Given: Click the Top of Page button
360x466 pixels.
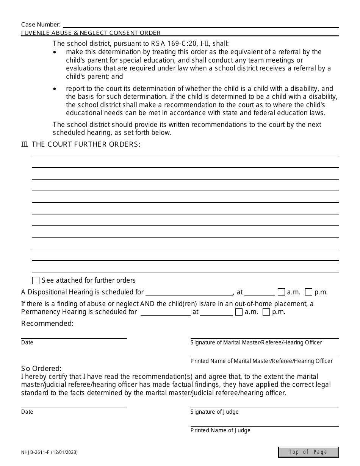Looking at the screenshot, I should click(x=308, y=452).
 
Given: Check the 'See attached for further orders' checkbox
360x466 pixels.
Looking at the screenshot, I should click(x=36, y=281).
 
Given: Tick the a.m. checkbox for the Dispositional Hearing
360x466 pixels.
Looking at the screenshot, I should click(x=281, y=292).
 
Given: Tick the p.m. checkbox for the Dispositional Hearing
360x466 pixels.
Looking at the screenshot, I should click(x=308, y=292).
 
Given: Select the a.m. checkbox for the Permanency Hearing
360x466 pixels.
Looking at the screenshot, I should click(x=239, y=312).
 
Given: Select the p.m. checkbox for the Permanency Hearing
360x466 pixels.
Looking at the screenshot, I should click(x=266, y=312).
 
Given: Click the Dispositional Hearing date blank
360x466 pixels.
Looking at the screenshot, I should click(x=189, y=292).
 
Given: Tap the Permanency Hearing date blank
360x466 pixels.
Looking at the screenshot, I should click(x=165, y=312).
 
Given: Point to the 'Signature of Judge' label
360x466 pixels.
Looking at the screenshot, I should click(x=214, y=412).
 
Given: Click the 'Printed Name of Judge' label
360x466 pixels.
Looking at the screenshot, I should click(x=221, y=430).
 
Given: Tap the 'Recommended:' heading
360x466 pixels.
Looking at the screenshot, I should click(x=47, y=324).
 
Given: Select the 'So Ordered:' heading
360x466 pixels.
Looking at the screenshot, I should click(x=41, y=369).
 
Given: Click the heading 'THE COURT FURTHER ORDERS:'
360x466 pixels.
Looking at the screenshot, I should click(x=86, y=144).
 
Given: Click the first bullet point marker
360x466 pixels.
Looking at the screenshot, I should click(x=55, y=52).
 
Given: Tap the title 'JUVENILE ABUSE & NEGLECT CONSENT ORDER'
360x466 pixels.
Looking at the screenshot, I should click(x=91, y=33).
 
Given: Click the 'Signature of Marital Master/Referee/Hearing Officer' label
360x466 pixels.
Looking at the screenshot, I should click(x=256, y=342).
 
